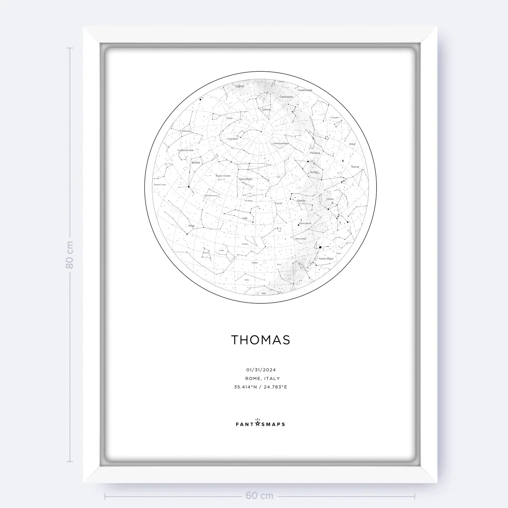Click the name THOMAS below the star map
point(261,340)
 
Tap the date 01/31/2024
point(261,370)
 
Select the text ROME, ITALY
point(263,379)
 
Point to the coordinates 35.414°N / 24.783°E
point(261,387)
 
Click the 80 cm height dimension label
point(70,255)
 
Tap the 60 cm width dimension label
point(259,496)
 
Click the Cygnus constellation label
point(239,86)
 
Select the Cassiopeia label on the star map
point(286,97)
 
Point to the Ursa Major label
point(246,179)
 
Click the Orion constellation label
point(330,199)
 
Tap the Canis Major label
point(326,259)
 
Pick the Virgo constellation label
point(192,226)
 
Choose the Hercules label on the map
point(186,131)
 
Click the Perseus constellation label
point(315,153)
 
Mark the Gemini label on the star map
point(301,201)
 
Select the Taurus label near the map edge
point(355,167)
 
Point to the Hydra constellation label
point(255,263)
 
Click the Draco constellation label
point(230,118)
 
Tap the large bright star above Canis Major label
point(320,247)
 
